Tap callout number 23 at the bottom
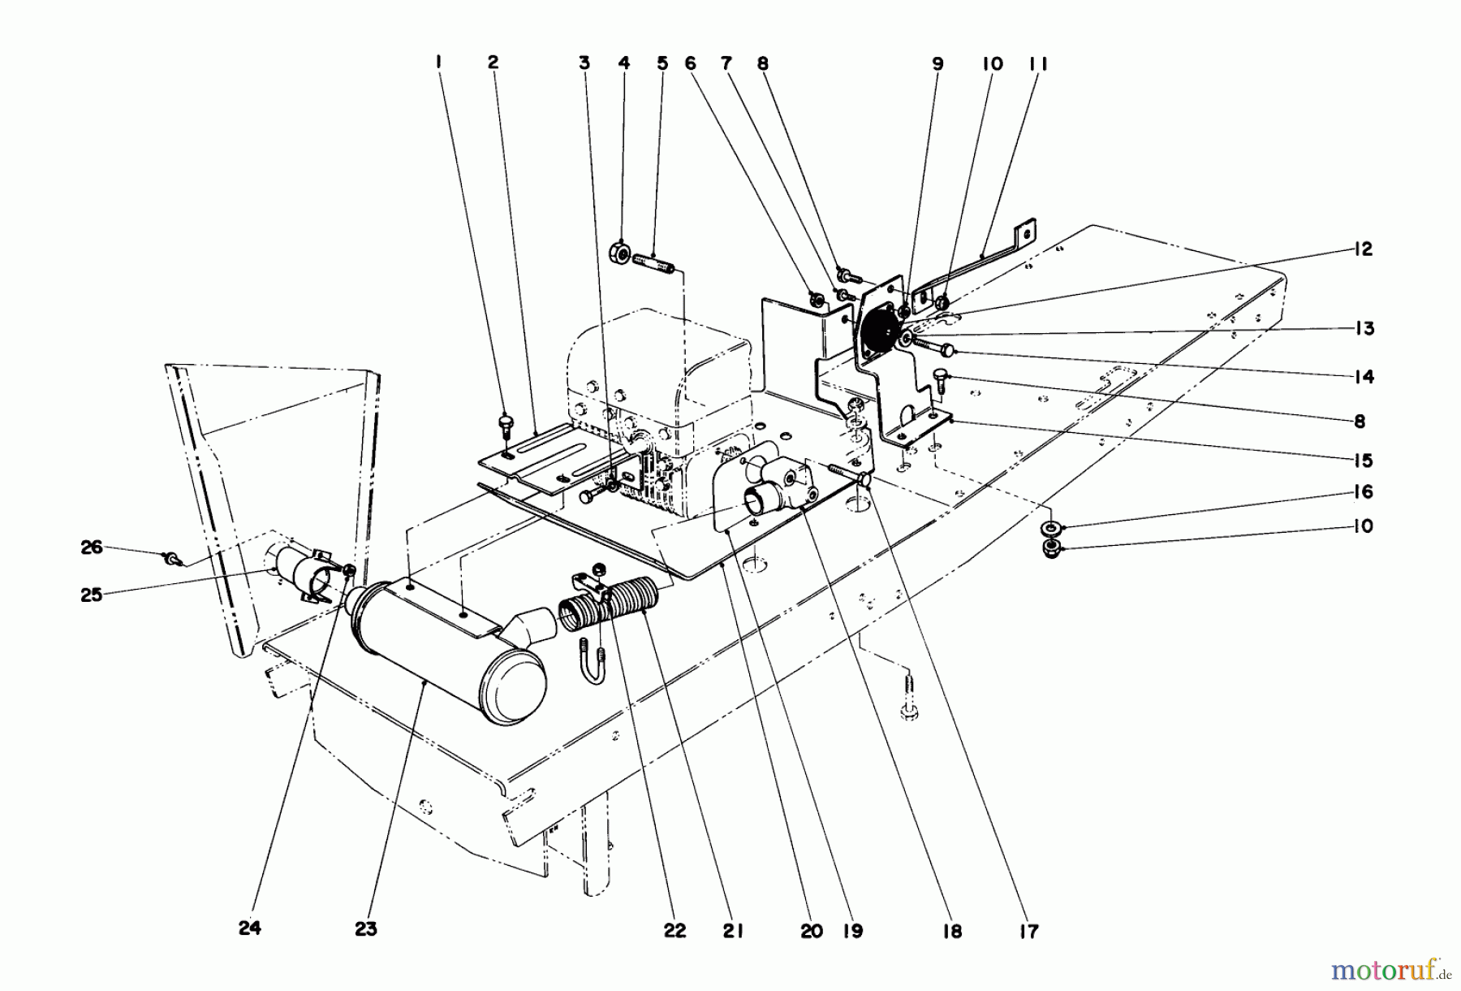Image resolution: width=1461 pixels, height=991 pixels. click(366, 929)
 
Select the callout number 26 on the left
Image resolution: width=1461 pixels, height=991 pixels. click(92, 547)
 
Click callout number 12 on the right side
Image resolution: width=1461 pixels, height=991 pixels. click(1364, 249)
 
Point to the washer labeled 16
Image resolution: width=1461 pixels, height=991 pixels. click(1053, 527)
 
